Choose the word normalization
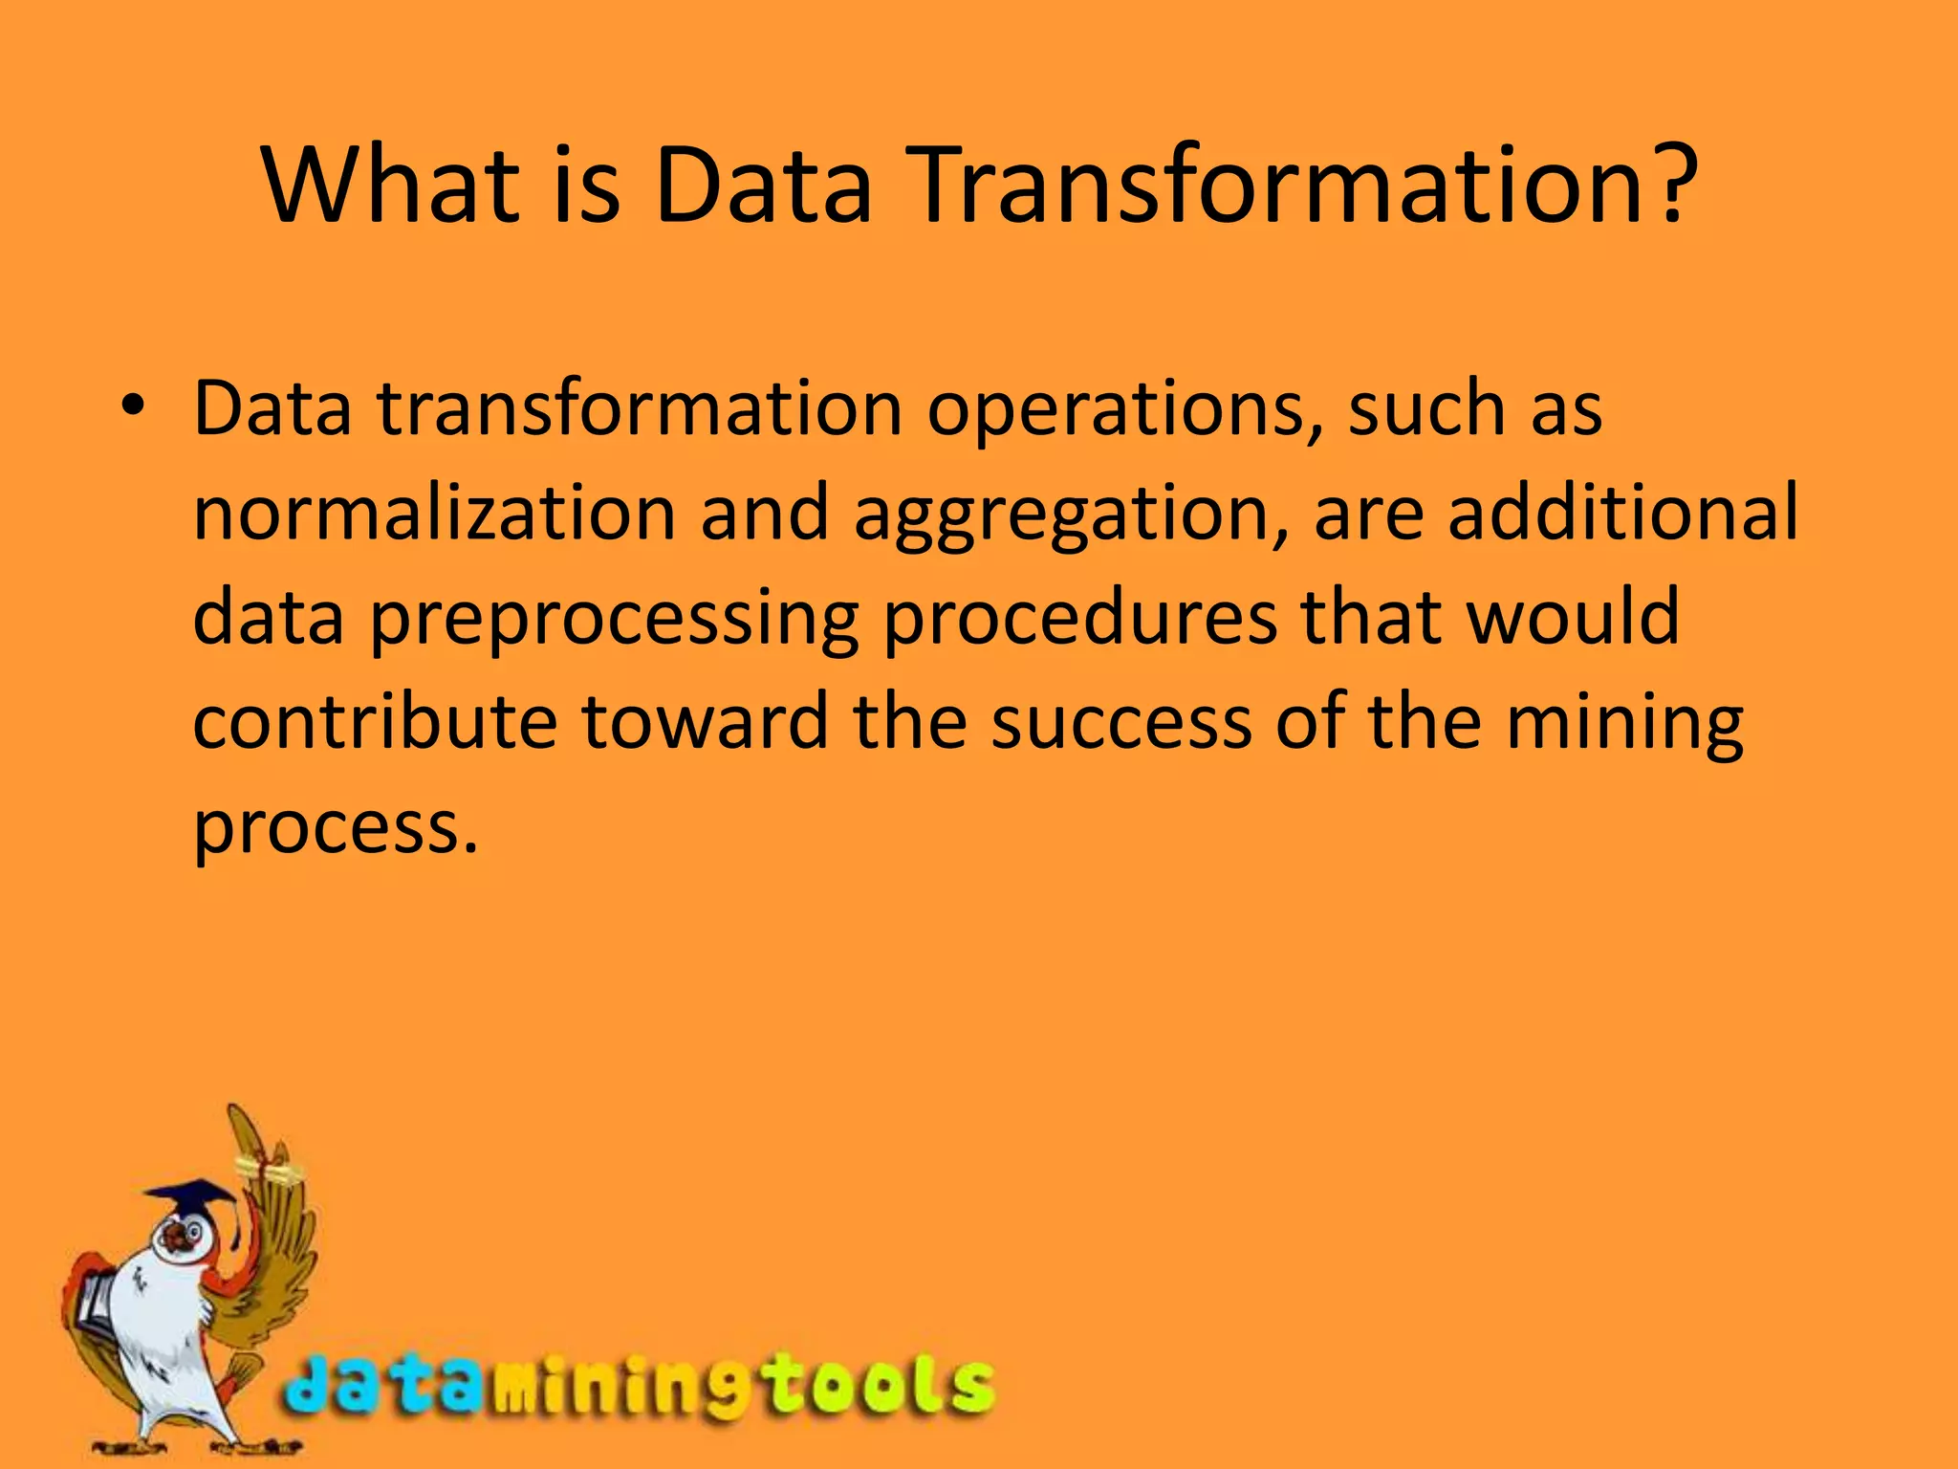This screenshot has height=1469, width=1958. click(435, 513)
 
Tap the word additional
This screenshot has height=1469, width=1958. click(1622, 513)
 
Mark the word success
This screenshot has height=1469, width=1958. click(1120, 723)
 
